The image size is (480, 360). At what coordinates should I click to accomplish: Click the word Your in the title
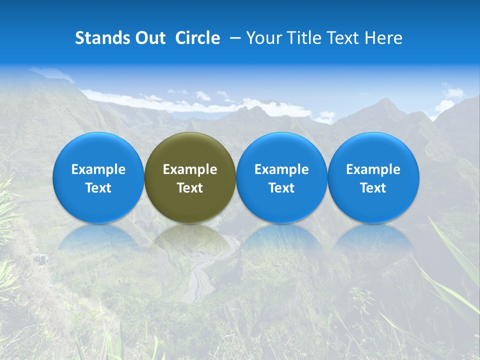coord(261,38)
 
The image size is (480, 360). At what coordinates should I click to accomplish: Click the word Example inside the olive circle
coord(190,169)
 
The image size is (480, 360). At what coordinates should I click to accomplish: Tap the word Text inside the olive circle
coord(190,188)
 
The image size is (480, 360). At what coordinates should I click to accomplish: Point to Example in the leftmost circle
coord(98,169)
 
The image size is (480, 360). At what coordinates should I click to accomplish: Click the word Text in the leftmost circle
coord(98,188)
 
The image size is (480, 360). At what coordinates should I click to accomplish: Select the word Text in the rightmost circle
coord(373,188)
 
